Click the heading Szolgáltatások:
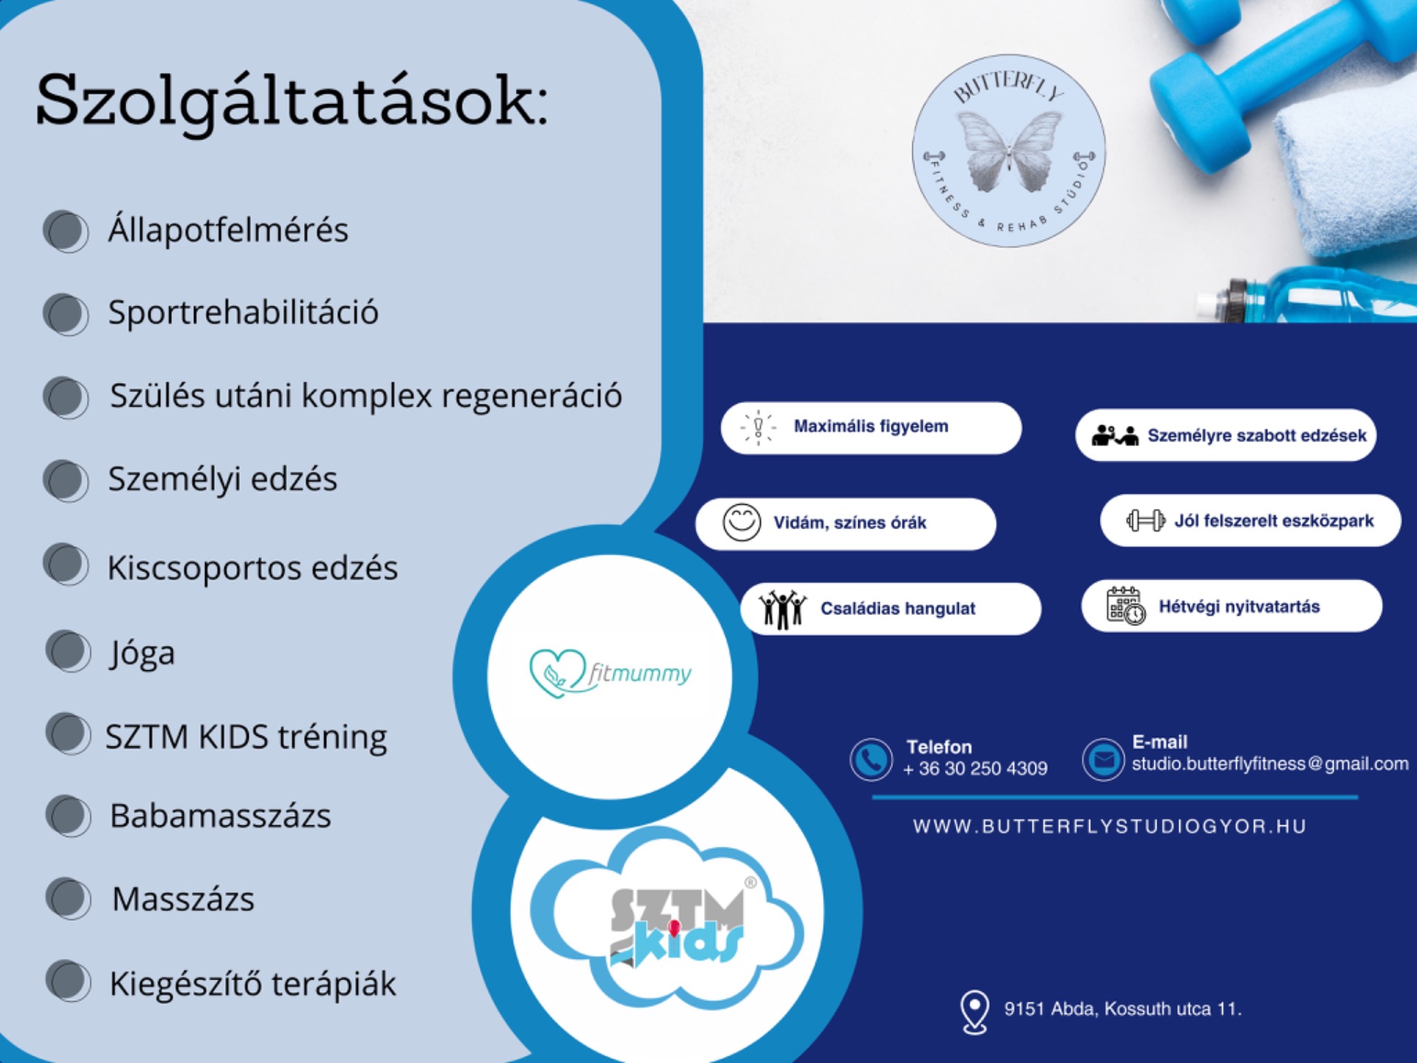tap(292, 102)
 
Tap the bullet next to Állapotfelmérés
tap(66, 231)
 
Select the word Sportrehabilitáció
tap(244, 312)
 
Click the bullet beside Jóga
tap(69, 651)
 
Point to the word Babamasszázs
tap(221, 816)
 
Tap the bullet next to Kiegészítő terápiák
tap(69, 981)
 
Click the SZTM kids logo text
tap(677, 927)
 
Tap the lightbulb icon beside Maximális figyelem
tap(758, 427)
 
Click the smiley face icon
tap(741, 523)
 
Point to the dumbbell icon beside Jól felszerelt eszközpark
tap(1145, 520)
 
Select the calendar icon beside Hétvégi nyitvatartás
tap(1125, 606)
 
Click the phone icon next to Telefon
tap(871, 760)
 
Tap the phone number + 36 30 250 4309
tap(975, 768)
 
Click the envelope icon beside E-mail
tap(1103, 759)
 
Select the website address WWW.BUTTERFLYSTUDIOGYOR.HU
tap(1109, 826)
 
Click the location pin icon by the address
tap(974, 1011)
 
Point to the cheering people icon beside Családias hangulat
tap(782, 609)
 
